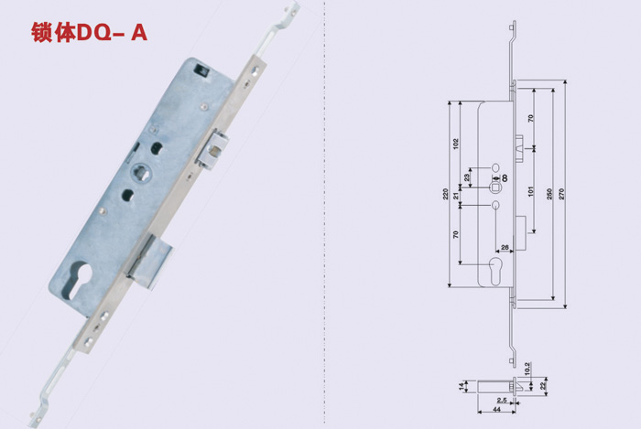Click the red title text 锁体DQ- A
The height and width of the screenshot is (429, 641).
click(x=89, y=33)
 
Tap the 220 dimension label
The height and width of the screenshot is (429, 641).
click(x=446, y=194)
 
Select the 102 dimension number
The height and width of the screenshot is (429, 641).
click(x=456, y=144)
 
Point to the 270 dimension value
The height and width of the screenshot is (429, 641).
click(x=561, y=194)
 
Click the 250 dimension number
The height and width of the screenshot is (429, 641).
click(x=549, y=194)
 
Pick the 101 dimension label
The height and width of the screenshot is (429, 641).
click(x=530, y=191)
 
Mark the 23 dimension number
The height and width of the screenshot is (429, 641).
click(x=467, y=177)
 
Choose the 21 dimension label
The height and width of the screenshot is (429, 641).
click(x=456, y=196)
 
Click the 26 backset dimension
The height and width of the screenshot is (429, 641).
click(x=505, y=247)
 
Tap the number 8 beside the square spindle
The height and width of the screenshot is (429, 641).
click(x=505, y=178)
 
